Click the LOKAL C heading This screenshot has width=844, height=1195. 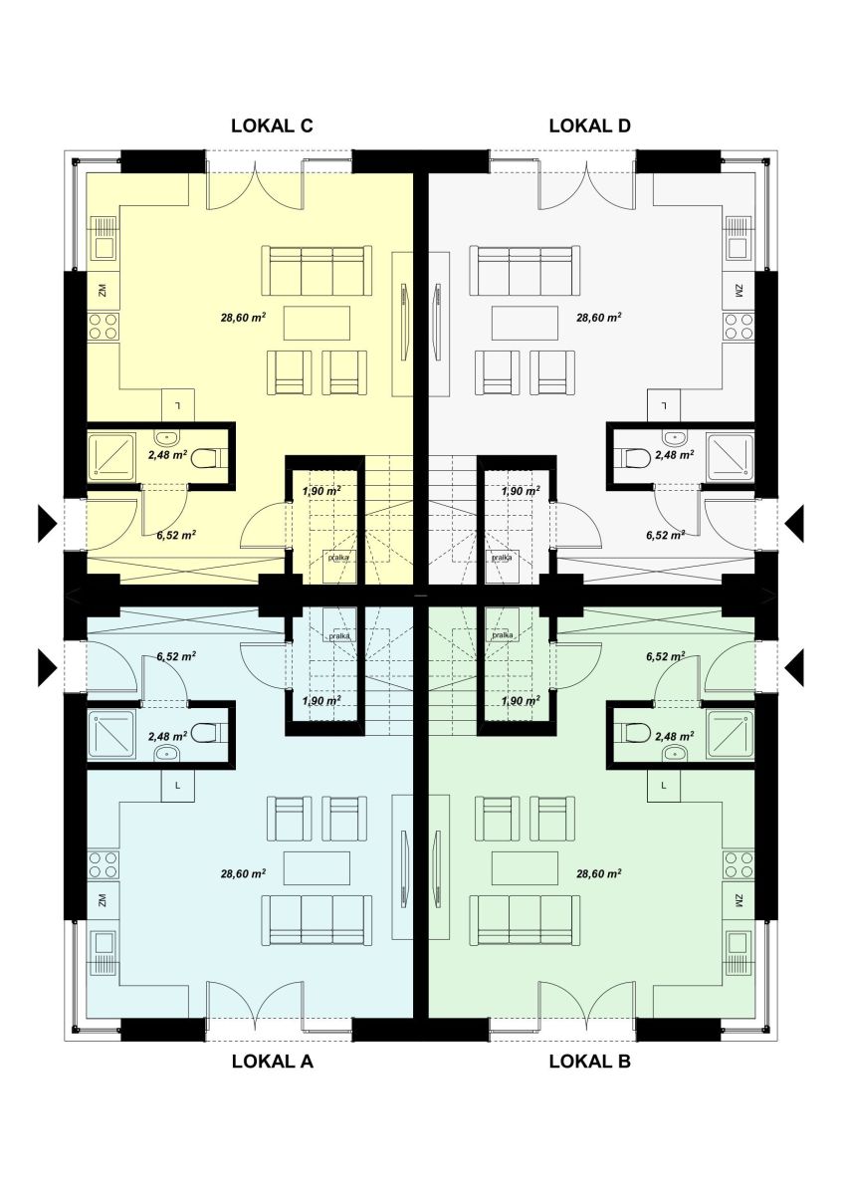(272, 125)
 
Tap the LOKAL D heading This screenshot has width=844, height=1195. (589, 125)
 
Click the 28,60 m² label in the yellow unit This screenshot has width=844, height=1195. (243, 318)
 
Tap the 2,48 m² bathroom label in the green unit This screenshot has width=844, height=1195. (674, 736)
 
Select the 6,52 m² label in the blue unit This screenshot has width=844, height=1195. (176, 656)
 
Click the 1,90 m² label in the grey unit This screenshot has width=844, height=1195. (521, 490)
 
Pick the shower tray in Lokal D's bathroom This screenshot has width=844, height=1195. (730, 455)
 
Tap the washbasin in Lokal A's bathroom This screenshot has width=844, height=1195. (167, 753)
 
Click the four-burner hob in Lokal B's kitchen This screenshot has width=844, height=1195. (738, 864)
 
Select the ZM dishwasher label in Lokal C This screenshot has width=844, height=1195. (103, 291)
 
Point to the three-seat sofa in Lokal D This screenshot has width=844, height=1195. (525, 271)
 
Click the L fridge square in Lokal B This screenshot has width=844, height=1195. (664, 786)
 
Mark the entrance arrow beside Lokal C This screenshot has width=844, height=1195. (47, 524)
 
